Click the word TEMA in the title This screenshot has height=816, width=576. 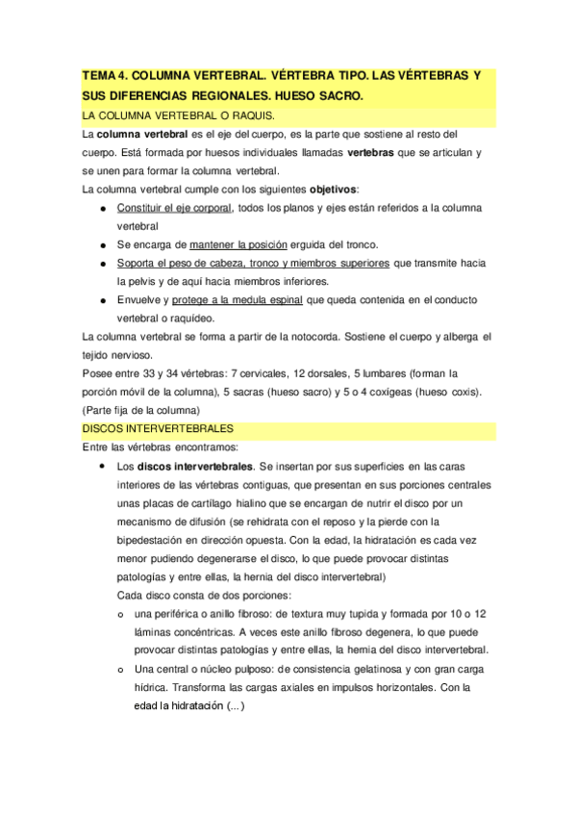tap(99, 76)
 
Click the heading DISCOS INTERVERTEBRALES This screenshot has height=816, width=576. tap(158, 428)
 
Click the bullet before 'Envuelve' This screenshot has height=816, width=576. tap(102, 300)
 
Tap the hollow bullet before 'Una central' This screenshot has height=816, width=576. tap(120, 670)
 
